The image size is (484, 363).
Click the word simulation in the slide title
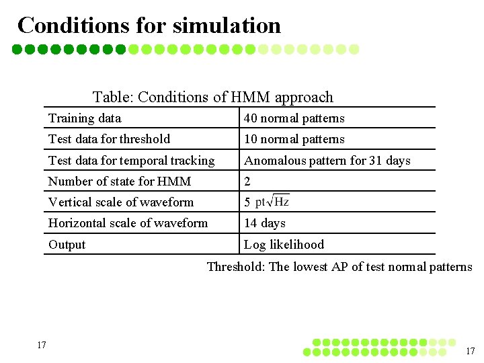[227, 26]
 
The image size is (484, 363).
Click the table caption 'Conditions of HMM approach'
[212, 97]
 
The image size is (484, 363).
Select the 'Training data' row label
[85, 118]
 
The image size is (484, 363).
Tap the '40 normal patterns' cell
[294, 118]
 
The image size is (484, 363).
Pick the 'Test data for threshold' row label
[109, 139]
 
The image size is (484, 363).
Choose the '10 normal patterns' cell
[294, 139]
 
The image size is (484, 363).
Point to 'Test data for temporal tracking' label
[131, 161]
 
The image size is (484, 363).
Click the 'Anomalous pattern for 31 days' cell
[327, 161]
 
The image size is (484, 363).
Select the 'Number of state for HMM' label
[120, 182]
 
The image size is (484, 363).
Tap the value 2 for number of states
[247, 182]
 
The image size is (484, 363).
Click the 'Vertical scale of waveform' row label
[121, 202]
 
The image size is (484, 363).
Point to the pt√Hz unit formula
[272, 202]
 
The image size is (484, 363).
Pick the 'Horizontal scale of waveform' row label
[128, 223]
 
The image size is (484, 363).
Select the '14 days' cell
[265, 223]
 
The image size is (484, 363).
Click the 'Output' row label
[67, 245]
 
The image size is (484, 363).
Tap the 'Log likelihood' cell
[284, 245]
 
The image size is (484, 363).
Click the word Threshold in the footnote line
[235, 267]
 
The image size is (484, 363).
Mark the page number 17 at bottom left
[42, 346]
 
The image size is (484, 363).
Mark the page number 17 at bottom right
[471, 351]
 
